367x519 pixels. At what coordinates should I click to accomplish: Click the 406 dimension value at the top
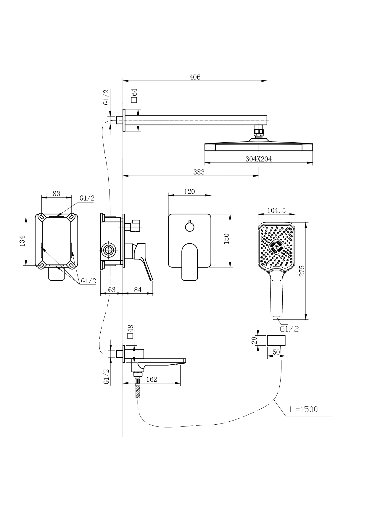point(195,77)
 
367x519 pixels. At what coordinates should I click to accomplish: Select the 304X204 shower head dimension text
point(258,159)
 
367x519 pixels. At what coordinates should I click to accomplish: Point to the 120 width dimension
point(189,192)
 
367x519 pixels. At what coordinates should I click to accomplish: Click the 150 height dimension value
point(226,239)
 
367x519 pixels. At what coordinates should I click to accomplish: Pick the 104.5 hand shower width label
point(276,211)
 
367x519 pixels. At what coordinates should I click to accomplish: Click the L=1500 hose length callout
point(304,409)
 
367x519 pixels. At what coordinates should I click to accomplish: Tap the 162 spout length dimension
point(152,379)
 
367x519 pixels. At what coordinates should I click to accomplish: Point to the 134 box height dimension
point(22,241)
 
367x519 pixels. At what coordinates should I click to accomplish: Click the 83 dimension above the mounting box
point(56,194)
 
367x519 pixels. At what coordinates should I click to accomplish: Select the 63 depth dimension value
point(112,290)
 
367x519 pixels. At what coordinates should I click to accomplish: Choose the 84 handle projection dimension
point(138,290)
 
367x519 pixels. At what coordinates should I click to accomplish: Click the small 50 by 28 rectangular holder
point(276,340)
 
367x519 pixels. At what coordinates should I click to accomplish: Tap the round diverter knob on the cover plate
point(189,227)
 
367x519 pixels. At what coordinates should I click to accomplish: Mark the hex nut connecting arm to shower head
point(259,131)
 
